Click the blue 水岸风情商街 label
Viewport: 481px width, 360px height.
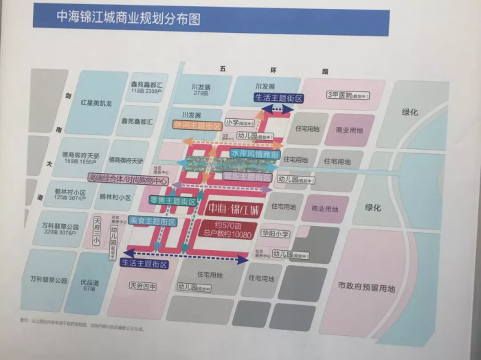click(x=254, y=155)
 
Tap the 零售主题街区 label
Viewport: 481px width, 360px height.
click(x=172, y=200)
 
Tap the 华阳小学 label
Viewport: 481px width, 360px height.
click(x=276, y=233)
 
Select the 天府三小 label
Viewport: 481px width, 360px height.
click(x=97, y=233)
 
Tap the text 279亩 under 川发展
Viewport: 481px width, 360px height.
click(x=201, y=94)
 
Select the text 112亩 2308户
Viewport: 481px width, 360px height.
click(x=145, y=91)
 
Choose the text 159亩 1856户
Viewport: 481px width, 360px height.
click(x=77, y=162)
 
